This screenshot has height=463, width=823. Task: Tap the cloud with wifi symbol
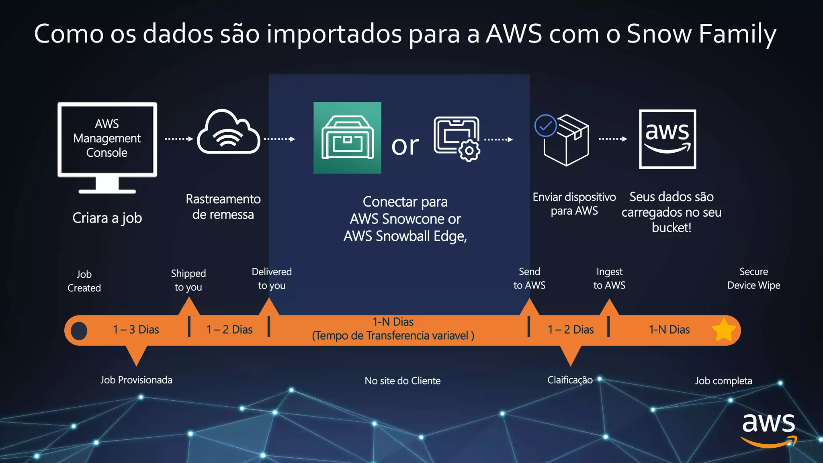pyautogui.click(x=228, y=133)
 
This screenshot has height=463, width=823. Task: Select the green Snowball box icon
pyautogui.click(x=347, y=137)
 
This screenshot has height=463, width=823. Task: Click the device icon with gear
pyautogui.click(x=457, y=138)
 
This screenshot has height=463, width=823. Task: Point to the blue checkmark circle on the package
pyautogui.click(x=545, y=126)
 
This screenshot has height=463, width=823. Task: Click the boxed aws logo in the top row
pyautogui.click(x=667, y=139)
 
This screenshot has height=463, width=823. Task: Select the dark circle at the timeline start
pyautogui.click(x=79, y=331)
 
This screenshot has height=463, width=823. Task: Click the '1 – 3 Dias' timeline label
pyautogui.click(x=136, y=330)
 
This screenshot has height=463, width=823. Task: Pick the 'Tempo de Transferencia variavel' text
pyautogui.click(x=393, y=336)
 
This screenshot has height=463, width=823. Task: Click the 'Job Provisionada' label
pyautogui.click(x=136, y=380)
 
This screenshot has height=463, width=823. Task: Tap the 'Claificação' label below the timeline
pyautogui.click(x=570, y=380)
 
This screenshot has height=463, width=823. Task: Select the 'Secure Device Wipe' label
pyautogui.click(x=753, y=279)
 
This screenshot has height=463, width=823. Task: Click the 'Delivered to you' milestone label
pyautogui.click(x=272, y=279)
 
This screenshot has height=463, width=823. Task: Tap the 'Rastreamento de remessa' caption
pyautogui.click(x=223, y=207)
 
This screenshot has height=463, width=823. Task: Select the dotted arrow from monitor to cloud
pyautogui.click(x=179, y=139)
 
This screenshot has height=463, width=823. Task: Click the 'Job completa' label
pyautogui.click(x=723, y=381)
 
